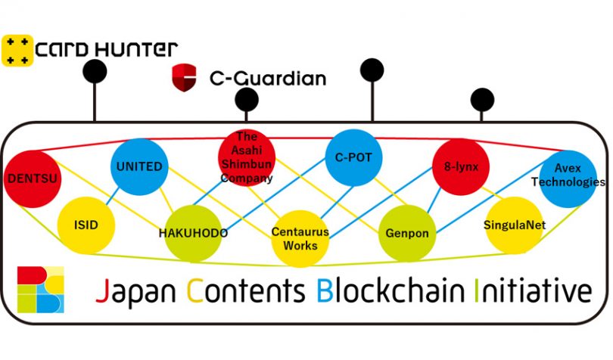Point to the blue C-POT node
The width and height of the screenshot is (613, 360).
click(x=353, y=159)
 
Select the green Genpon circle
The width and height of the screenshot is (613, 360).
click(x=406, y=232)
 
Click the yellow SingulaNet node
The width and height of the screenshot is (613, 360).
click(x=515, y=225)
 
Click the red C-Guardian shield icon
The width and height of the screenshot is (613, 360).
click(x=184, y=78)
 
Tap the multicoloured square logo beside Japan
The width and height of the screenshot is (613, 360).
click(x=42, y=290)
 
